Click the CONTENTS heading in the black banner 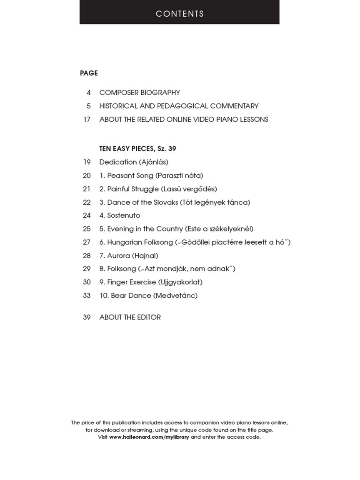click(180, 14)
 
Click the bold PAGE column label click(89, 73)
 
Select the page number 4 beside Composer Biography click(89, 93)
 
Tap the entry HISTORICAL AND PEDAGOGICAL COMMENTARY click(179, 106)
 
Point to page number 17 click(87, 119)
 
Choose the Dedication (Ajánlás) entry click(133, 162)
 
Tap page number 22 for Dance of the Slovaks click(87, 202)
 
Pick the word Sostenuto click(123, 216)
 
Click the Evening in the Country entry click(176, 229)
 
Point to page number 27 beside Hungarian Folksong click(87, 242)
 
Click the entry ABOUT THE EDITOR click(130, 317)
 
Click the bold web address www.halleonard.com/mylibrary click(149, 437)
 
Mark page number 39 click(87, 317)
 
